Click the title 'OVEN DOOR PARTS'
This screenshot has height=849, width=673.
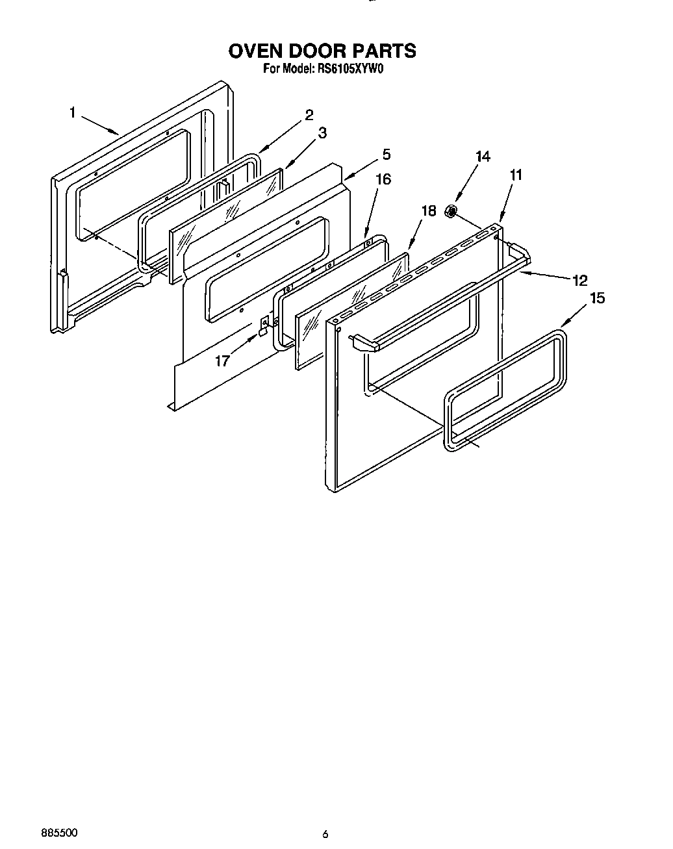tap(322, 51)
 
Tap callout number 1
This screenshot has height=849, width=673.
tap(73, 113)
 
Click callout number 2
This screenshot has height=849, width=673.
tap(309, 115)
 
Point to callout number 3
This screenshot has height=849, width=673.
tap(322, 133)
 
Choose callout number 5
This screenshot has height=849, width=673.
tap(386, 155)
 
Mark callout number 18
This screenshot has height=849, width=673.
tap(429, 211)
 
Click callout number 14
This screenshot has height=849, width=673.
tap(483, 157)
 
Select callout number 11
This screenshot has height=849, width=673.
tap(516, 175)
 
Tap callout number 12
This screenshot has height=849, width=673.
tap(579, 281)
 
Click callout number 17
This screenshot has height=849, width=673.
tap(222, 361)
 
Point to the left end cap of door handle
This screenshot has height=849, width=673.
tap(364, 342)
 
